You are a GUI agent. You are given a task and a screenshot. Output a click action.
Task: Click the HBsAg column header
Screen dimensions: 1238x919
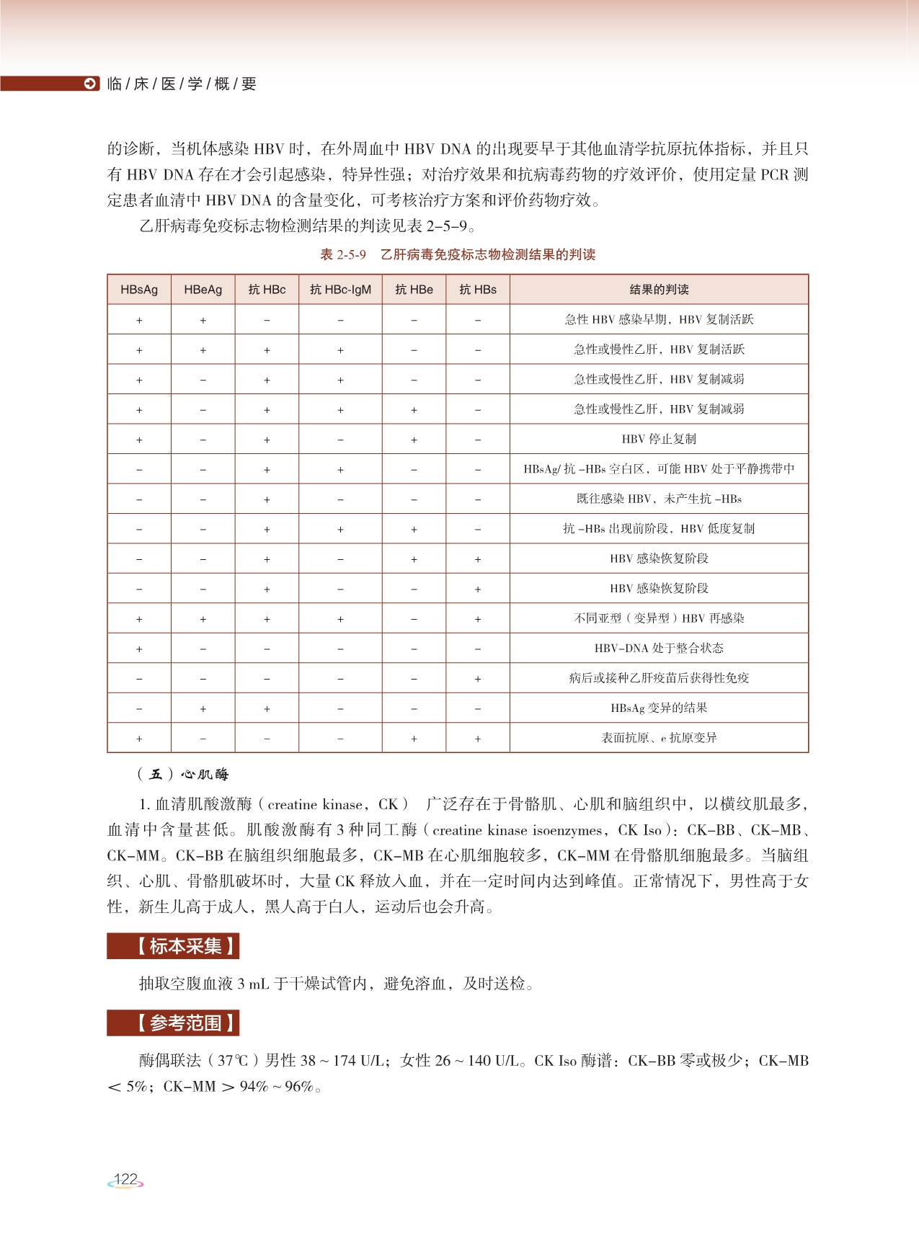(x=139, y=290)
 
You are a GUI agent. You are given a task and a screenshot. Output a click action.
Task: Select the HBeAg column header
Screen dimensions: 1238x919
(x=203, y=290)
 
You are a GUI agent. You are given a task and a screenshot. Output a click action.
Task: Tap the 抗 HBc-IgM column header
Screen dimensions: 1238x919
(x=340, y=290)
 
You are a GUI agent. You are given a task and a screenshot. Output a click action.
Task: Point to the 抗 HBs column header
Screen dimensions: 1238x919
(x=478, y=290)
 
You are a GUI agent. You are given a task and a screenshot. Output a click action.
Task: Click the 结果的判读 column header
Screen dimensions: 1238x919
(x=659, y=290)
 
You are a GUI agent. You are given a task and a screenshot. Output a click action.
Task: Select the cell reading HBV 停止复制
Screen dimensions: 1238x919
(x=659, y=439)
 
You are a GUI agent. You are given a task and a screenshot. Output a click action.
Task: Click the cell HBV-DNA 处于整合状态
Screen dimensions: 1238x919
(x=659, y=648)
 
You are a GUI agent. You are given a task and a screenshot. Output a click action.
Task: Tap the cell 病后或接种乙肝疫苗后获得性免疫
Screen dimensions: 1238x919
(x=659, y=678)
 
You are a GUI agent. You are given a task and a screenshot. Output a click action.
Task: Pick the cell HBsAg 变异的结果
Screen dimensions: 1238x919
(x=659, y=708)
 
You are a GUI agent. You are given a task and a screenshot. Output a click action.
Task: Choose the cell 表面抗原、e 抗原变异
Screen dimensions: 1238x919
(x=659, y=738)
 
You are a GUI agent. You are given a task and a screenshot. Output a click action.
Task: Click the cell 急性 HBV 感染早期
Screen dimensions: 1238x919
(x=659, y=319)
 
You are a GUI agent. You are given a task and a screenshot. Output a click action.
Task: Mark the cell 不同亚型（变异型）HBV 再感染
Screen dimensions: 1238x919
(x=659, y=618)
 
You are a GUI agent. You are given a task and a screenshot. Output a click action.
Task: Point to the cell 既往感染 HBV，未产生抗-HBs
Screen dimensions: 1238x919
(x=659, y=499)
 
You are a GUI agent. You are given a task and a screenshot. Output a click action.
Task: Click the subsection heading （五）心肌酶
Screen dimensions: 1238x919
(x=183, y=775)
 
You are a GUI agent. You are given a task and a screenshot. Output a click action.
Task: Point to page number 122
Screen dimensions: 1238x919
(x=125, y=1180)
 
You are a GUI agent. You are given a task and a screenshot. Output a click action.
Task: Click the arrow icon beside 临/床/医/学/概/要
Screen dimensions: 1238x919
(x=90, y=84)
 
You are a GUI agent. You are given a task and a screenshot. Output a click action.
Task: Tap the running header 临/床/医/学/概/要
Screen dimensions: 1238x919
(x=182, y=84)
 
